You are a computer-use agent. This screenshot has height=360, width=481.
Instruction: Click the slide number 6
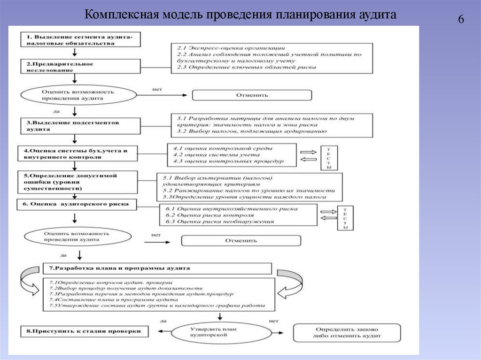(461, 19)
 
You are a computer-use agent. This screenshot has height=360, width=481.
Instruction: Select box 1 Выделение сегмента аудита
(80, 39)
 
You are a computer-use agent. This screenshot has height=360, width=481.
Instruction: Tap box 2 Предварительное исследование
(80, 67)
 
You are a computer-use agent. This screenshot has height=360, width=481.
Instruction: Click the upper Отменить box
(251, 95)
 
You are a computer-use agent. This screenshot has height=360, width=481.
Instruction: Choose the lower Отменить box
(241, 241)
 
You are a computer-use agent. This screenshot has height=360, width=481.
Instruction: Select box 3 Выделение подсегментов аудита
(80, 125)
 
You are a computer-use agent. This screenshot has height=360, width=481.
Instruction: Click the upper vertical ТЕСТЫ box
(329, 158)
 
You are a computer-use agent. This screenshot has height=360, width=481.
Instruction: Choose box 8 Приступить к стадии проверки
(84, 331)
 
